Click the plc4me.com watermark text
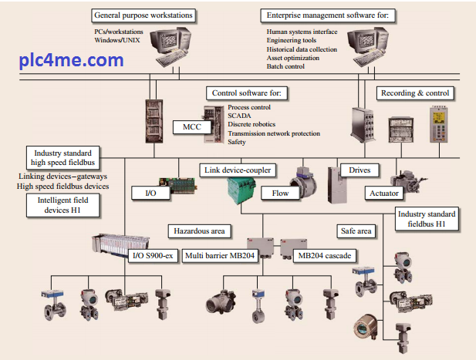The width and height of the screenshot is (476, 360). pyautogui.click(x=72, y=60)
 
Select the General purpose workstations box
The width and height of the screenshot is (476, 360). pyautogui.click(x=143, y=15)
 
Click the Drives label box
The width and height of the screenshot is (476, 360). pyautogui.click(x=360, y=169)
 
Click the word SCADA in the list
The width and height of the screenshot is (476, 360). pyautogui.click(x=240, y=115)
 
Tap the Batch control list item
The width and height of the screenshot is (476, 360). pyautogui.click(x=285, y=67)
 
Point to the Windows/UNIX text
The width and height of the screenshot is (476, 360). pyautogui.click(x=118, y=39)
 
